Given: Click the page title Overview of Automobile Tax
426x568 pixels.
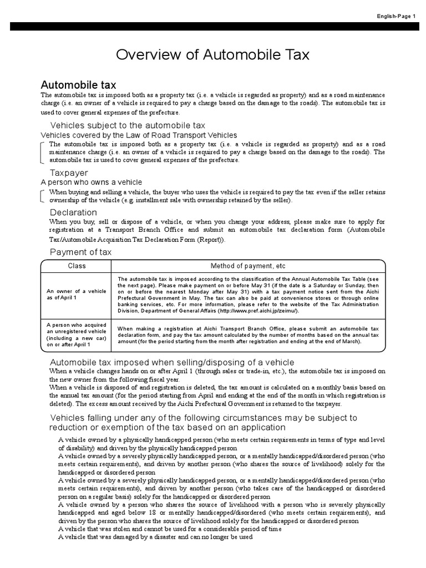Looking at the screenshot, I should (x=212, y=55).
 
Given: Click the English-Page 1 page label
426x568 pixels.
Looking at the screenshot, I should (x=396, y=16).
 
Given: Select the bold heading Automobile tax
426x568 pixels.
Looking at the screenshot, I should (x=79, y=85).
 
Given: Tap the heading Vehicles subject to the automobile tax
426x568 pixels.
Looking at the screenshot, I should (x=128, y=125).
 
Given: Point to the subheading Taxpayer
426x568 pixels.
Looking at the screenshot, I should (x=69, y=173).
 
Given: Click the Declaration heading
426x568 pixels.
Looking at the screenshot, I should (x=73, y=212).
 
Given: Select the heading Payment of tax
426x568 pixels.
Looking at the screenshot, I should (x=81, y=252).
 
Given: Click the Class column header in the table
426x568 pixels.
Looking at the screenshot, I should (x=77, y=266).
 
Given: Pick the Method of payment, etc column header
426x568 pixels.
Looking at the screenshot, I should (x=248, y=266).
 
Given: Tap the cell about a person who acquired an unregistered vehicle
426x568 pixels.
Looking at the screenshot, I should (x=77, y=333).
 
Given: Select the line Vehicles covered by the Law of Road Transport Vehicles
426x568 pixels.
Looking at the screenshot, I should (x=139, y=135).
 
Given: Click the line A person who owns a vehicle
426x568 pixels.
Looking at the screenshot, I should (x=92, y=182).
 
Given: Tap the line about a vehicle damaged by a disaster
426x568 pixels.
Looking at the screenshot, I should (x=155, y=537).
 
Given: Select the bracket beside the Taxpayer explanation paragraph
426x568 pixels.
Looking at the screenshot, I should (x=44, y=196).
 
